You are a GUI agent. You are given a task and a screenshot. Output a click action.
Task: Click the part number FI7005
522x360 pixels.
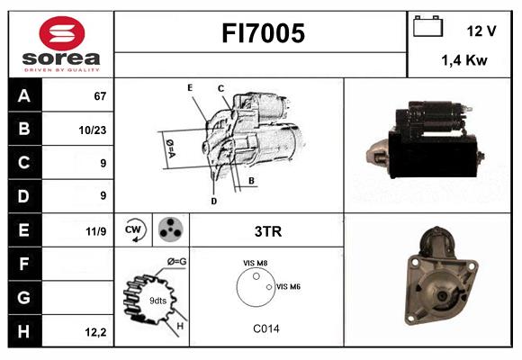click(264, 34)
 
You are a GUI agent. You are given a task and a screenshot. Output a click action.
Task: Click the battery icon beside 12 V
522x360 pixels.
click(427, 27)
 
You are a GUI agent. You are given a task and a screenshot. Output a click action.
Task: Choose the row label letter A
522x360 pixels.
click(23, 95)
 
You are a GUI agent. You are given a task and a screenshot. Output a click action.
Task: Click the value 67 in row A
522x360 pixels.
click(99, 95)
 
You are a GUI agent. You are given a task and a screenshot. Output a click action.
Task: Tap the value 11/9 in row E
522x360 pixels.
click(96, 231)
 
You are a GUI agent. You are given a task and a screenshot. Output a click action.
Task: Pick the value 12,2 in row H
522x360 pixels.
click(96, 332)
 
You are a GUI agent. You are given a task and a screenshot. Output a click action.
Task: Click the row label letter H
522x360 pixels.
click(23, 331)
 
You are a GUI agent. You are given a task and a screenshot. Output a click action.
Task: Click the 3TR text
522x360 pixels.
click(268, 231)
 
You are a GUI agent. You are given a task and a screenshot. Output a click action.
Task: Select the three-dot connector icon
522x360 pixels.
click(169, 230)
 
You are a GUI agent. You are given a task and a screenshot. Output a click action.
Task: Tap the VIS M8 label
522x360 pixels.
click(255, 263)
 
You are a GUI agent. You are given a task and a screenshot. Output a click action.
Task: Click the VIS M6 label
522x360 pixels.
click(288, 286)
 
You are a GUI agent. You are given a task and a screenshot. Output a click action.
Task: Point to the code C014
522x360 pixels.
click(265, 328)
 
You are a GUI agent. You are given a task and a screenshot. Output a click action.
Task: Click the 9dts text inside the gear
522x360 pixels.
click(157, 301)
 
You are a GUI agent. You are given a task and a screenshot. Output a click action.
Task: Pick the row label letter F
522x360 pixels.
click(23, 265)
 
